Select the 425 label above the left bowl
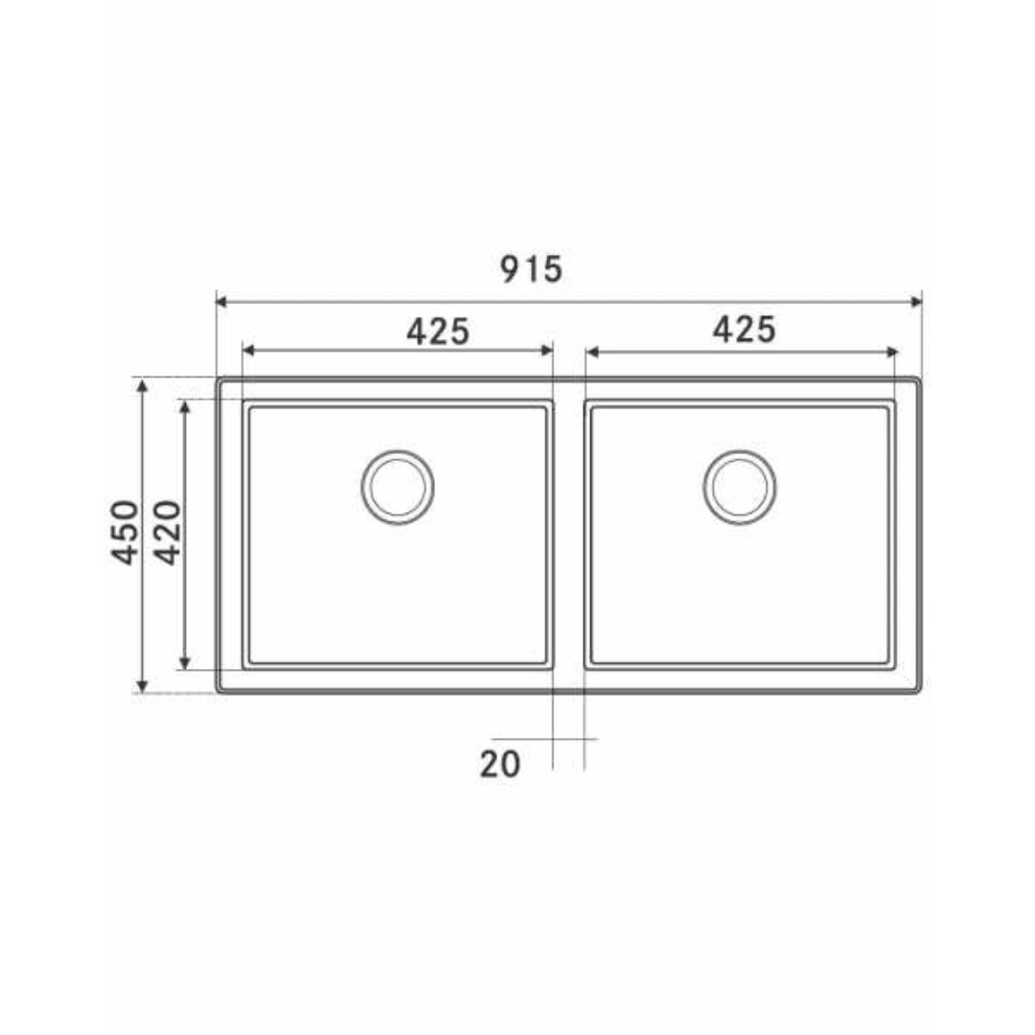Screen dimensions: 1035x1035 (438, 332)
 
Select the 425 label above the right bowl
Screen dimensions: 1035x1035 (744, 330)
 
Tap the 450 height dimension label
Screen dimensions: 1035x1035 (127, 532)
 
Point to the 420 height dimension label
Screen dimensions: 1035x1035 (167, 532)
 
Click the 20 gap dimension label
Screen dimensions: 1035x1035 (499, 764)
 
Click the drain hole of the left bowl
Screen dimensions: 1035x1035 (397, 487)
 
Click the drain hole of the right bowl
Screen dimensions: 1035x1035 (739, 487)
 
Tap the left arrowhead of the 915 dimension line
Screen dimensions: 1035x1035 (221, 302)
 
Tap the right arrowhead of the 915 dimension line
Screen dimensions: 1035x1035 (915, 302)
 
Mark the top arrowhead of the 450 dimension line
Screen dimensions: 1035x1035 (142, 385)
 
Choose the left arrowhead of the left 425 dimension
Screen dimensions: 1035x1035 (247, 351)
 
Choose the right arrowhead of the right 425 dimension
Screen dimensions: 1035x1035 (891, 352)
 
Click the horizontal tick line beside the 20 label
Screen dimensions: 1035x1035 (575, 739)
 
